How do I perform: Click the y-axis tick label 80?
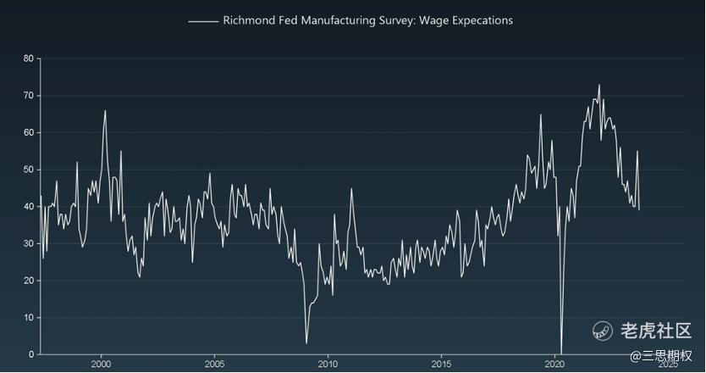click(x=28, y=58)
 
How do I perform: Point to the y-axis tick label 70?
click(x=28, y=96)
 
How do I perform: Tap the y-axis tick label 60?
click(x=28, y=132)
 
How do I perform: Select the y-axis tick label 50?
click(x=28, y=170)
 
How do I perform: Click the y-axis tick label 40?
click(x=28, y=206)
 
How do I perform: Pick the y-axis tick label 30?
click(x=28, y=243)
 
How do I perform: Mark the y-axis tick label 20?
click(x=28, y=280)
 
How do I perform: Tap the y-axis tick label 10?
click(x=28, y=317)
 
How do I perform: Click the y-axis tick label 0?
click(x=30, y=354)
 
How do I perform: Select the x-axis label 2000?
click(x=101, y=364)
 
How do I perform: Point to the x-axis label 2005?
click(x=214, y=364)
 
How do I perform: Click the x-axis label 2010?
click(x=328, y=364)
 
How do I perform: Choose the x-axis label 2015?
click(x=441, y=364)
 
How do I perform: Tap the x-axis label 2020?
click(x=555, y=364)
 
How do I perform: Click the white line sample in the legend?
click(x=203, y=20)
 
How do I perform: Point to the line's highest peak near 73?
click(x=599, y=85)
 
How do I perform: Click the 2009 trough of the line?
click(x=306, y=342)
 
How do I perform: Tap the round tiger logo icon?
click(x=603, y=331)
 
